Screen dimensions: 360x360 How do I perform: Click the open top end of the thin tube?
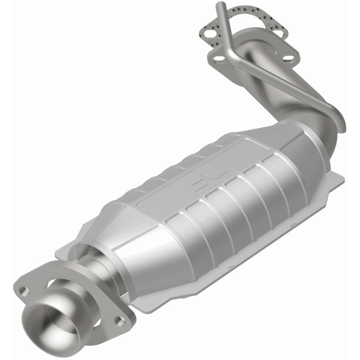[220, 5]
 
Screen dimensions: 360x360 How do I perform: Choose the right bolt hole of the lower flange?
[119, 320]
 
